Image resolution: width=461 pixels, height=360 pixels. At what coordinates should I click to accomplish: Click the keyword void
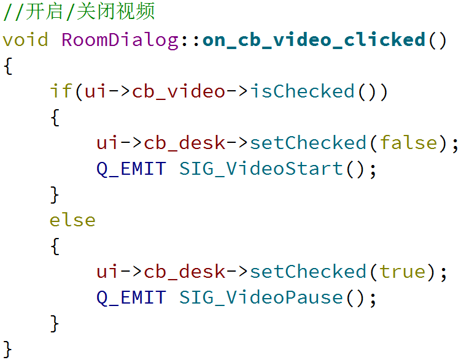pos(25,40)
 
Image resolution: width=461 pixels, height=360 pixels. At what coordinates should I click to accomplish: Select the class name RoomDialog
pos(120,40)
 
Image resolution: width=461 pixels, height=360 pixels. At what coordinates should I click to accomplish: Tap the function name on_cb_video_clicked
pos(314,40)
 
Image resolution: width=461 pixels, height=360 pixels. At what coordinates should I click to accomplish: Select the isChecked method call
pos(302,91)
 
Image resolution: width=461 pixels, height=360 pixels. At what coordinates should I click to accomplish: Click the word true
pos(403,272)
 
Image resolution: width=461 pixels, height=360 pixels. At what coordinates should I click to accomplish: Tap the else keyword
pos(72,220)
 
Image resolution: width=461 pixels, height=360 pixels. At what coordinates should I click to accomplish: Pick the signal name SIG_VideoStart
pos(261,169)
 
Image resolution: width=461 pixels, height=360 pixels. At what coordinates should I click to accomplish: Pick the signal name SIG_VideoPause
pos(261,297)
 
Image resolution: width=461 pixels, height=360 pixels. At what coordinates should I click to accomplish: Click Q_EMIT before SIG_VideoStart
pos(131,169)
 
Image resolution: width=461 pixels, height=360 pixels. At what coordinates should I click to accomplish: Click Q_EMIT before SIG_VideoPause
pos(131,297)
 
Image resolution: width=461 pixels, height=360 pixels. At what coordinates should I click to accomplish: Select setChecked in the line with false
pos(308,143)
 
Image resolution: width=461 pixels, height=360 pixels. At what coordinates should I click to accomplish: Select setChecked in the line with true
pos(308,272)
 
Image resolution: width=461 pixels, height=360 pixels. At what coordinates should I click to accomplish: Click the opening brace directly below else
pos(55,246)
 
